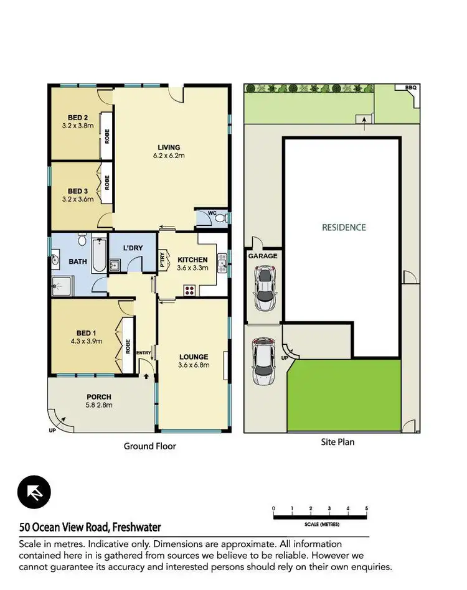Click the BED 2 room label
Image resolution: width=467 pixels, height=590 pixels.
[77, 117]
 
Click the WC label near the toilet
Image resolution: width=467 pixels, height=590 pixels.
[212, 213]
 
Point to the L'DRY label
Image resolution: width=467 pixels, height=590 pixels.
[133, 248]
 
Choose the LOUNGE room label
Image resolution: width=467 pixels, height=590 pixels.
[193, 357]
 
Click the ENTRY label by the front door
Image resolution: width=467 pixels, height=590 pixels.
[144, 354]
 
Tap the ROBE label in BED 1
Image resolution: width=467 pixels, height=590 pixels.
[128, 346]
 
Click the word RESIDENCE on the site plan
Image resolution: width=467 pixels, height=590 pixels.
[344, 227]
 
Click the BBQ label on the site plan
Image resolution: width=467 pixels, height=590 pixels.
[410, 88]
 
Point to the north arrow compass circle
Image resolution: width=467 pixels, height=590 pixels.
[34, 492]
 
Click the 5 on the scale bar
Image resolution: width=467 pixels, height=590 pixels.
[367, 509]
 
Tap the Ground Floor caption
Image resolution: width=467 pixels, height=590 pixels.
[149, 446]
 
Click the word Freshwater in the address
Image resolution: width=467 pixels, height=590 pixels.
[137, 527]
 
